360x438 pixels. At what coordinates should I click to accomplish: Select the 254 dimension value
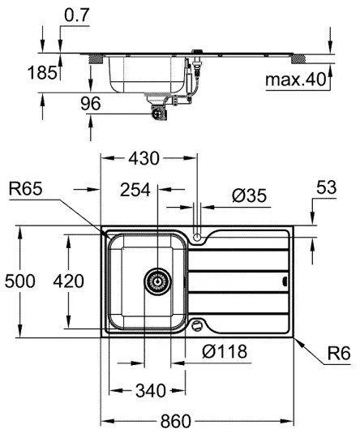pyautogui.click(x=135, y=190)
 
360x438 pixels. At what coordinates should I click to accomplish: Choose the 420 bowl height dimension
pyautogui.click(x=68, y=281)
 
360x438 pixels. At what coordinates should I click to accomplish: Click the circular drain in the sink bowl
pyautogui.click(x=157, y=281)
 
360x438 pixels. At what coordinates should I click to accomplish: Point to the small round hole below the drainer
pyautogui.click(x=197, y=325)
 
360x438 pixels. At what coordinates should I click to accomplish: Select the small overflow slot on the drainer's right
pyautogui.click(x=283, y=281)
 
